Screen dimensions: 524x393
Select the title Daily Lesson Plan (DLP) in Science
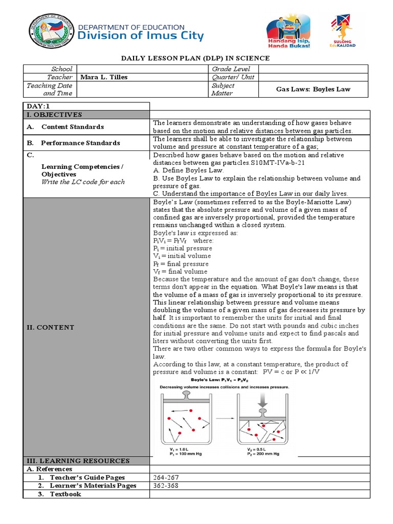tap(196, 58)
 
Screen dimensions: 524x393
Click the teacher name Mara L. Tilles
tap(104, 77)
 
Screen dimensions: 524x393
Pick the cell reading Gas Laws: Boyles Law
tap(313, 89)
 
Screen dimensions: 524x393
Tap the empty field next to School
tap(142, 69)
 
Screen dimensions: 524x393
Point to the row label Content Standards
tap(72, 127)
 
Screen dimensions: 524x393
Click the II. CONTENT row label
tap(50, 327)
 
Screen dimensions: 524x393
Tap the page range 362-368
tap(165, 485)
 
